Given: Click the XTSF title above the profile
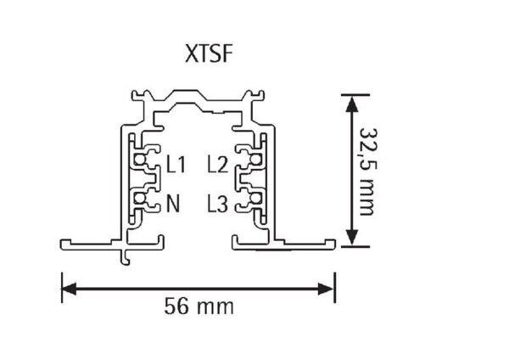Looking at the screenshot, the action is (x=209, y=53).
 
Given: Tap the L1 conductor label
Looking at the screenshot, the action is (x=176, y=165).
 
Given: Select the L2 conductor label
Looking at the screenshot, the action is (x=218, y=165).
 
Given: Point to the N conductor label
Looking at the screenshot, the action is (x=173, y=204).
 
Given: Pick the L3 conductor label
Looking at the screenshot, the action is (x=218, y=205).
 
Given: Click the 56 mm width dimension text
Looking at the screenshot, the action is (x=199, y=307).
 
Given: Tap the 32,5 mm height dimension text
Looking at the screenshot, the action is (x=369, y=172).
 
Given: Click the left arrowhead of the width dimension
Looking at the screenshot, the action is (x=69, y=289).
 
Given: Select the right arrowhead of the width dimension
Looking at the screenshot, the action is (x=327, y=289).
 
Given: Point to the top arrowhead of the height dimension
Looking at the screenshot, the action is (x=352, y=104).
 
